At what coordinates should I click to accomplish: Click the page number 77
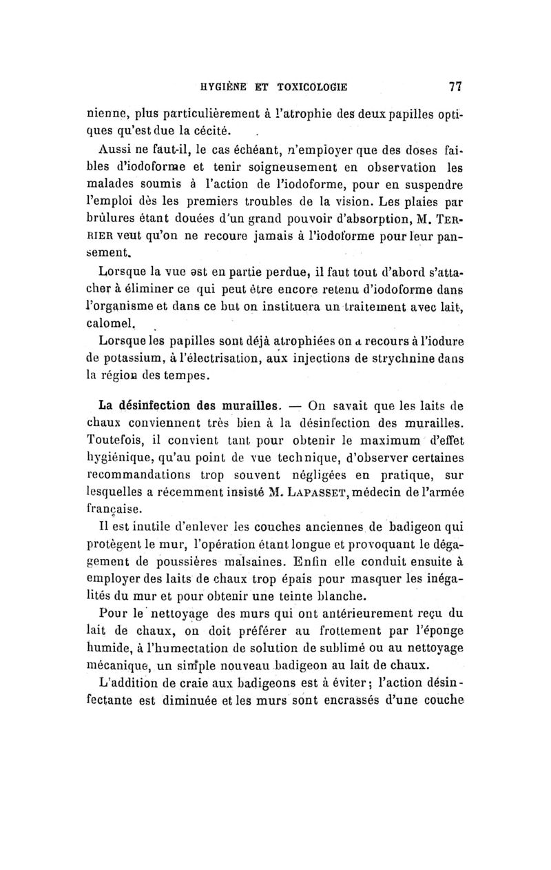pyautogui.click(x=454, y=87)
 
